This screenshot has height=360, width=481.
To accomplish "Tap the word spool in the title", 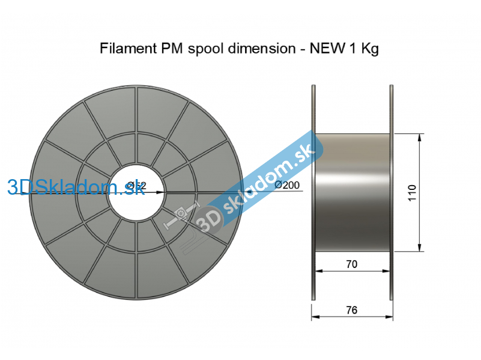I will coord(206,49).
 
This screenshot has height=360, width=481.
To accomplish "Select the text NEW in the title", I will coord(326,49).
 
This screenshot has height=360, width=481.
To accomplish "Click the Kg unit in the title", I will coord(369,49).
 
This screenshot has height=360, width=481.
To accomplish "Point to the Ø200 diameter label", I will coord(286,185).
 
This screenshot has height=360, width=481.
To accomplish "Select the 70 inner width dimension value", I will coord(352,264).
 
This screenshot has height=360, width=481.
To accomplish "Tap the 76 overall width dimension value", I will coord(352,310).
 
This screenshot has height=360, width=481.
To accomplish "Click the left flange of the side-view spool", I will coord(313,192).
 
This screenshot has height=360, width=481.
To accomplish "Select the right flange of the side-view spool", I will coord(392,192).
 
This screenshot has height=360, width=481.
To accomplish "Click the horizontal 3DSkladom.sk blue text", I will coord(76,188).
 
